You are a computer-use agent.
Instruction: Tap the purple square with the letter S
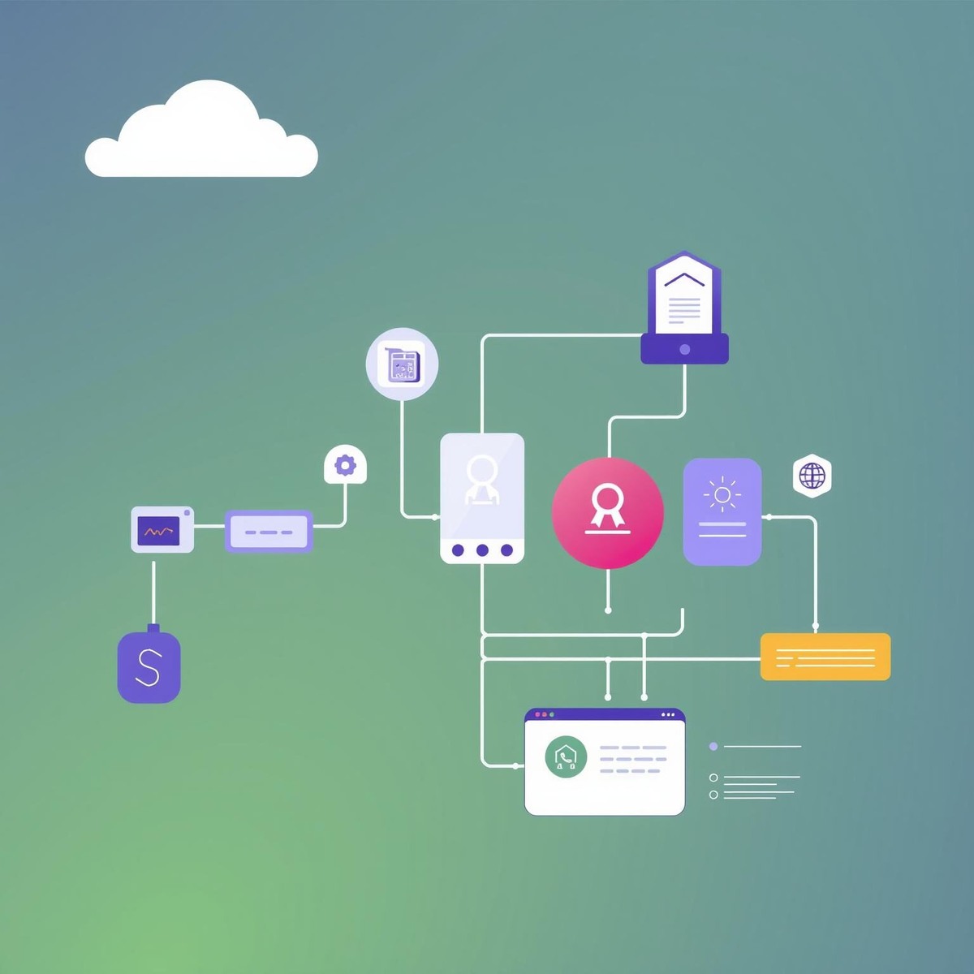click(x=149, y=667)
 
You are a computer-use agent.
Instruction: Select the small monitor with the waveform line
click(x=162, y=530)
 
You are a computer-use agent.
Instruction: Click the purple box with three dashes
click(x=269, y=532)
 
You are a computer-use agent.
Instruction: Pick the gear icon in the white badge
click(x=346, y=465)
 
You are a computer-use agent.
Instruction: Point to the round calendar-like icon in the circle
click(x=402, y=364)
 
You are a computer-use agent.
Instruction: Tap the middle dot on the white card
click(x=482, y=550)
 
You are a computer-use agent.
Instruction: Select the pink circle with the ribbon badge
click(x=607, y=513)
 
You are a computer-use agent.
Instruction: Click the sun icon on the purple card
click(x=722, y=494)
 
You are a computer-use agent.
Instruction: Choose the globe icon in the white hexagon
click(x=812, y=476)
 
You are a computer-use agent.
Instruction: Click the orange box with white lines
click(x=825, y=657)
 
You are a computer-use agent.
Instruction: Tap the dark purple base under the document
click(x=684, y=349)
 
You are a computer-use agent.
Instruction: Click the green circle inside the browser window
click(x=566, y=758)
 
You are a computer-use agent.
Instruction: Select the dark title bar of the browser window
click(x=605, y=714)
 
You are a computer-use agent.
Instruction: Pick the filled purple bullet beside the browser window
click(x=713, y=746)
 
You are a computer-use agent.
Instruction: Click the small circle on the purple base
click(x=684, y=350)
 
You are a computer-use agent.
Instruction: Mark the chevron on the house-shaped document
click(x=684, y=279)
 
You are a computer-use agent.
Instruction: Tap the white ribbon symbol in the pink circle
click(x=607, y=506)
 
